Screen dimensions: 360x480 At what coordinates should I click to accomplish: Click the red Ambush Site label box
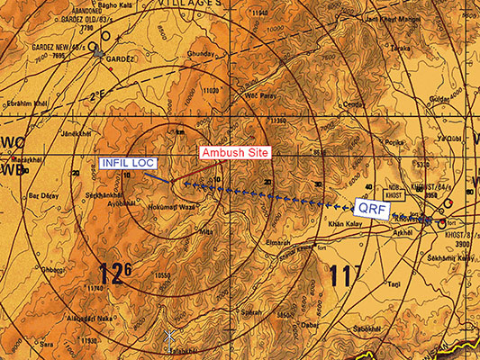pyautogui.click(x=234, y=152)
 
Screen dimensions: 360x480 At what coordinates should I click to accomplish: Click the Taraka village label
pyautogui.click(x=399, y=48)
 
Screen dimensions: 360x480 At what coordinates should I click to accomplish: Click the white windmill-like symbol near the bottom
pyautogui.click(x=168, y=337)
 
